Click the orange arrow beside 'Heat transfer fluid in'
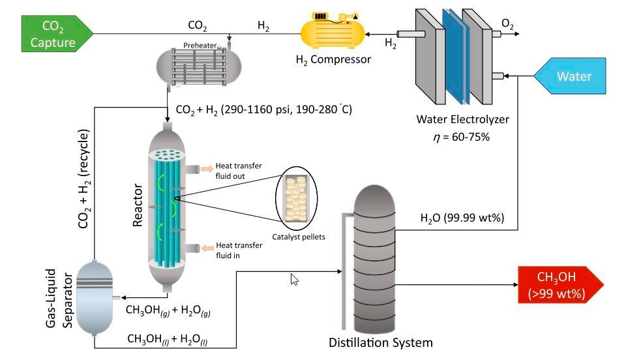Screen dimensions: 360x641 [x=206, y=248]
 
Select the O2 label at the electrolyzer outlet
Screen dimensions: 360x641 [x=507, y=25]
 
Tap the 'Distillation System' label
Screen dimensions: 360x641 [x=381, y=342]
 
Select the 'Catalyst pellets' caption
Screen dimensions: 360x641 [x=299, y=237]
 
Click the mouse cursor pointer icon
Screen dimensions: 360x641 [x=294, y=279]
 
